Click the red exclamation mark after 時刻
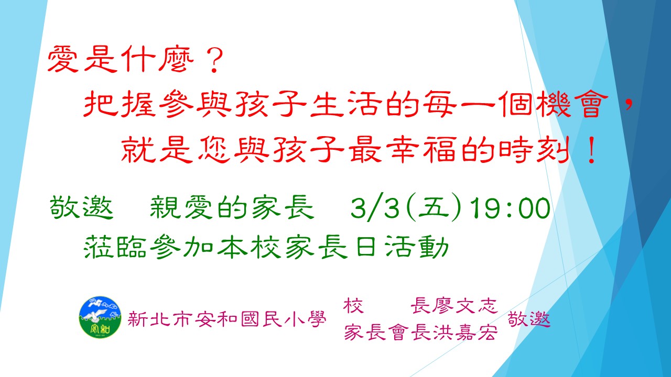(591, 150)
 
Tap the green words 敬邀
(81, 208)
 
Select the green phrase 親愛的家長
(232, 208)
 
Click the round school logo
(100, 317)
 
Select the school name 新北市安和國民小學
(227, 319)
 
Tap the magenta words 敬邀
(529, 319)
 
